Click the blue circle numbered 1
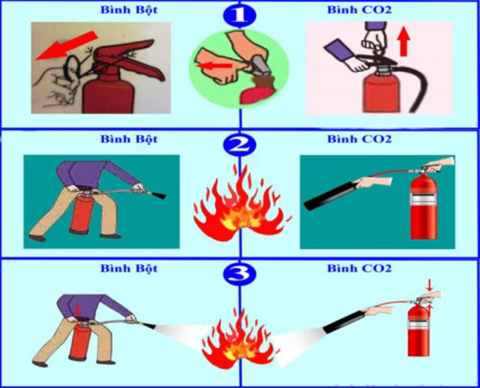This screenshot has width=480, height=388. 240,13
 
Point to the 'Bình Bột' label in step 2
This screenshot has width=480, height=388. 129,139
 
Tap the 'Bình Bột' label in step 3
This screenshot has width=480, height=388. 129,268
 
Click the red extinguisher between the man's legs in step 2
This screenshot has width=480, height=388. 80,214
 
